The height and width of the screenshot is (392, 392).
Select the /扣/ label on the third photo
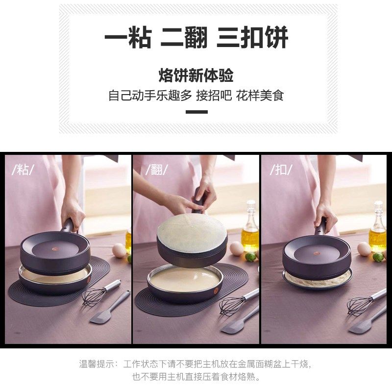point(281,170)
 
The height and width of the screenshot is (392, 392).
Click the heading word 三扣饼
point(252,38)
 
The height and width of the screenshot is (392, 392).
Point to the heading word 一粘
point(127,38)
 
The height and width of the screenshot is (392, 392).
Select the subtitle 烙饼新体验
point(196,76)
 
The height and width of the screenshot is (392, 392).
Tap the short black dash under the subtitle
point(196,112)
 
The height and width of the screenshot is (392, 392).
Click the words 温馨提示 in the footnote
point(98,365)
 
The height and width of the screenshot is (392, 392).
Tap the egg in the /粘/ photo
point(119,250)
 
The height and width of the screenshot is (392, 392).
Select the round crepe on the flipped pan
point(192,230)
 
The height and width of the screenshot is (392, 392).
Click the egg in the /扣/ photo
point(364,249)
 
